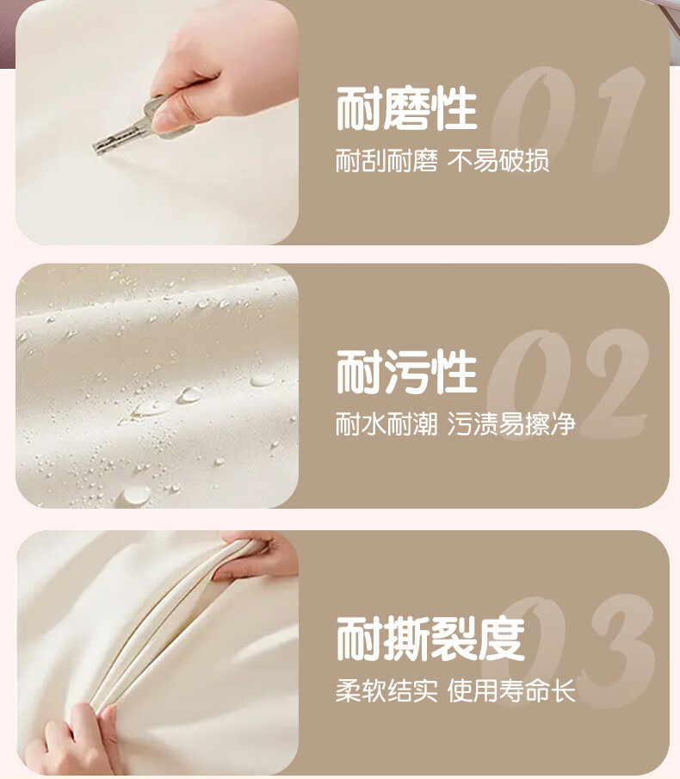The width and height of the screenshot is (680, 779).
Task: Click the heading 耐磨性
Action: [x=407, y=108]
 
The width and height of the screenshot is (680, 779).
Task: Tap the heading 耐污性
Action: [x=407, y=372]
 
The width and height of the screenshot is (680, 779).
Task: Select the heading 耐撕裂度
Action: [x=430, y=639]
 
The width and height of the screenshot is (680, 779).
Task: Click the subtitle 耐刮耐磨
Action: [x=386, y=161]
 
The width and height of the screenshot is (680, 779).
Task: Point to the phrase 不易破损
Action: [x=498, y=161]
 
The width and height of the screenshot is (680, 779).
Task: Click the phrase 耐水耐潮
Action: [x=386, y=424]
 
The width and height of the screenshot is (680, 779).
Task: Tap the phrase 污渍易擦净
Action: [x=511, y=424]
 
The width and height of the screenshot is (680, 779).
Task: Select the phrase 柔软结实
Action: [x=386, y=690]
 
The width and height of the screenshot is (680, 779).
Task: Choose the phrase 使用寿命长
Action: [x=511, y=690]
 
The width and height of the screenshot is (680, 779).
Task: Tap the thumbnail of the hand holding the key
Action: [x=157, y=122]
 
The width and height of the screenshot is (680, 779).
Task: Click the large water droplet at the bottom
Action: [x=135, y=494]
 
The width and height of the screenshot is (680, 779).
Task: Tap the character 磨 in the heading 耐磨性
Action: [x=407, y=108]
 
